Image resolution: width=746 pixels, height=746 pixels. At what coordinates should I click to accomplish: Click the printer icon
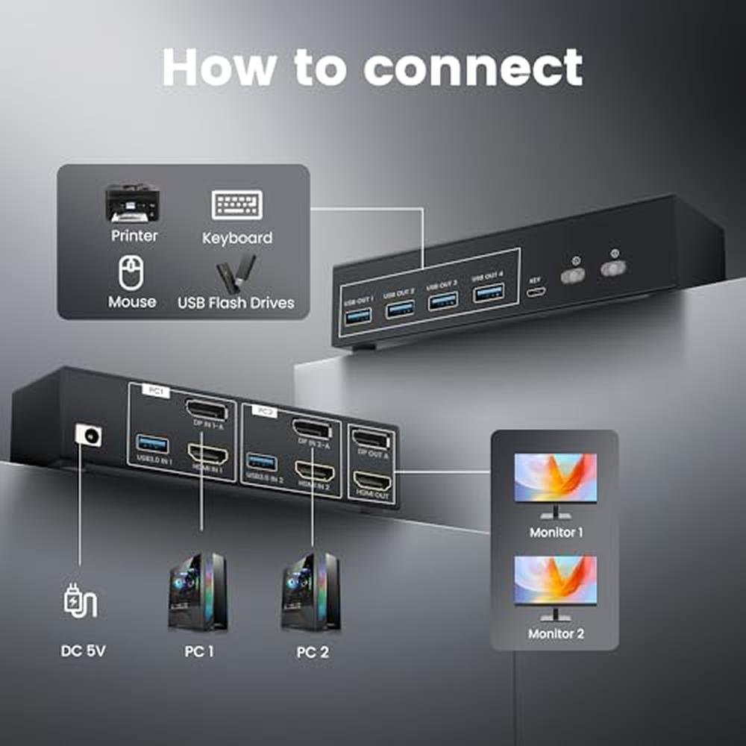pyautogui.click(x=133, y=203)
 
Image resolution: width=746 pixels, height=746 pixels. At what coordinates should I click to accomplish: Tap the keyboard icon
pyautogui.click(x=236, y=205)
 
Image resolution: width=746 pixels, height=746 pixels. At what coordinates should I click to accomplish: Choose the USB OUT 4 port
pyautogui.click(x=487, y=292)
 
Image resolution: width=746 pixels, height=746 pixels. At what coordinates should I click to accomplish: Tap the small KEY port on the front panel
pyautogui.click(x=535, y=291)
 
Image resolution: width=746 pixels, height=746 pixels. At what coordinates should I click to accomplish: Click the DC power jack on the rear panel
pyautogui.click(x=89, y=437)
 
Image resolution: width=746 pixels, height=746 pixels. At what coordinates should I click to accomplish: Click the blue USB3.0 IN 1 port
pyautogui.click(x=152, y=445)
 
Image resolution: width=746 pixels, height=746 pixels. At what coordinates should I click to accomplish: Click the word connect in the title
pyautogui.click(x=473, y=69)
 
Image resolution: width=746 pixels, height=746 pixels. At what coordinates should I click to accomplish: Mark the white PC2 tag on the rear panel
pyautogui.click(x=263, y=410)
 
